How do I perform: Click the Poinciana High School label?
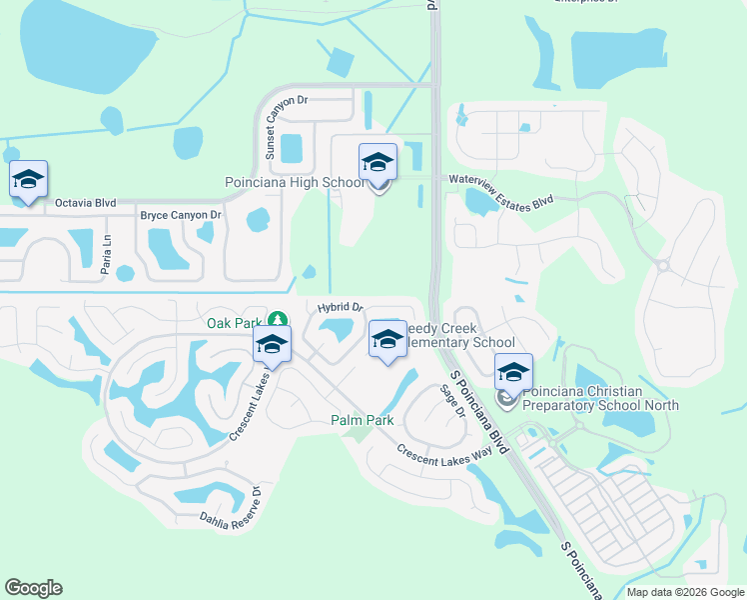[x=294, y=182]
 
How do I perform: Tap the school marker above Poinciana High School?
[x=377, y=162]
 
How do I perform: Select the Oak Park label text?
[x=233, y=323]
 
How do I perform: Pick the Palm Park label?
[x=362, y=421]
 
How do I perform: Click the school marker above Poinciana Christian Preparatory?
[x=513, y=373]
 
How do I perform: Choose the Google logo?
[x=33, y=588]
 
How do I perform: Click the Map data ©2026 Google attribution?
[x=685, y=592]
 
